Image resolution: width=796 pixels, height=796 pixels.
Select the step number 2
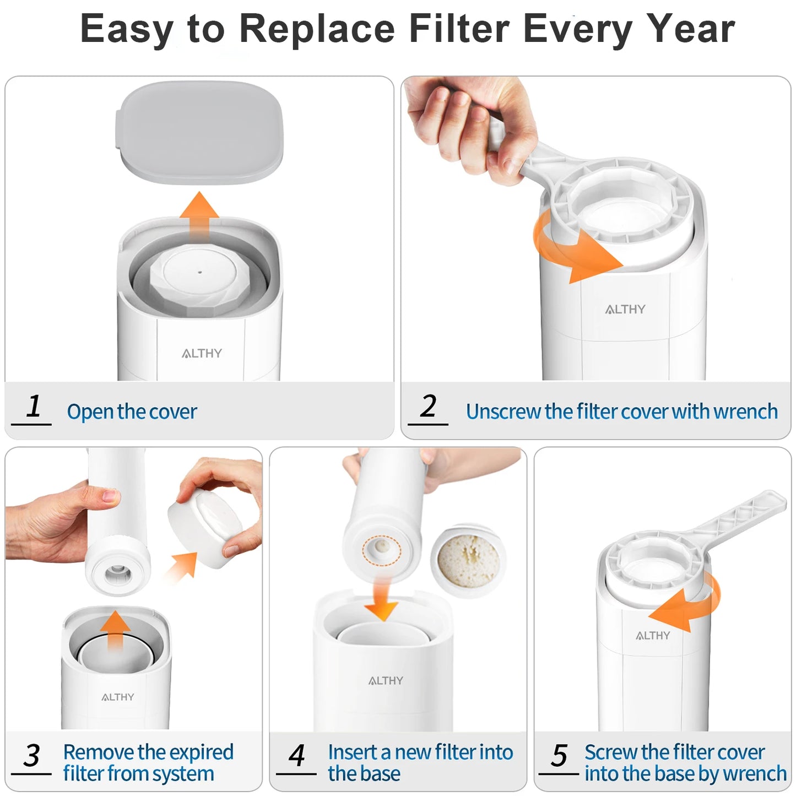[x=428, y=407]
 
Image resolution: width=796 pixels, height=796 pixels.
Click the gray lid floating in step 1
[x=199, y=132]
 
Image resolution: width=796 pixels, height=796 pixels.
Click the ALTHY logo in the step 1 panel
[x=202, y=354]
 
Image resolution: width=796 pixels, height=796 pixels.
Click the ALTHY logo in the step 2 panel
[x=625, y=310]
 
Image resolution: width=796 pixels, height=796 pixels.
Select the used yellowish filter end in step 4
[x=468, y=560]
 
